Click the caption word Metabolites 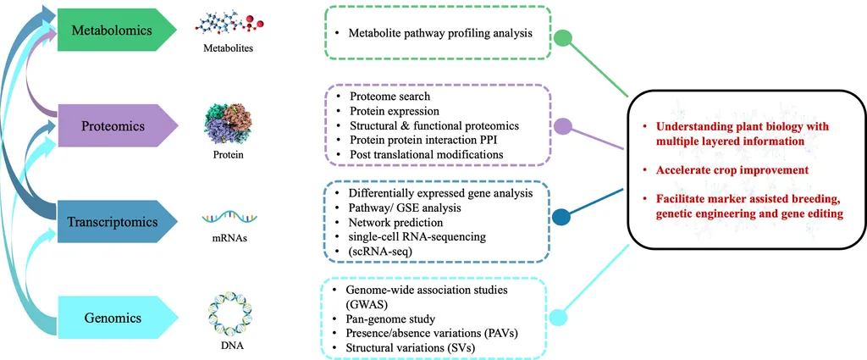[227, 49]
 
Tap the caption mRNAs [227, 240]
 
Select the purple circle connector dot [562, 127]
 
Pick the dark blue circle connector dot [561, 219]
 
